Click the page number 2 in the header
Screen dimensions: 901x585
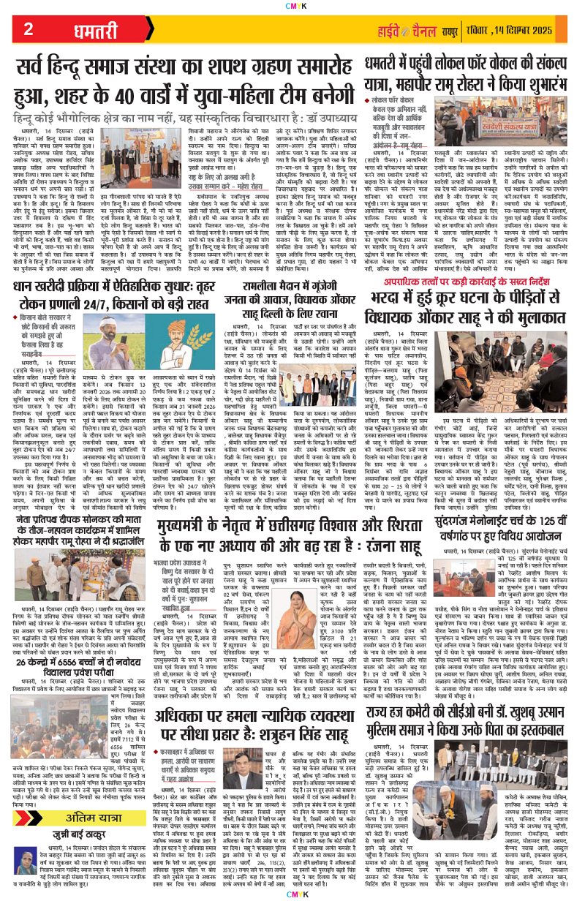pyautogui.click(x=28, y=30)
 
